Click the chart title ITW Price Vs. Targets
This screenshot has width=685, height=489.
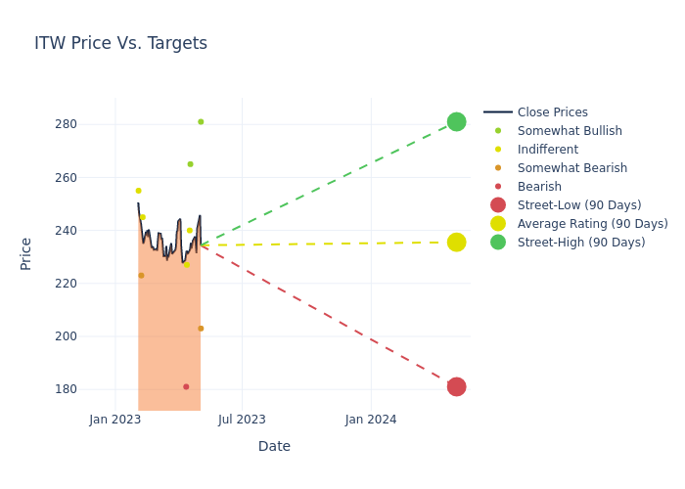click(120, 43)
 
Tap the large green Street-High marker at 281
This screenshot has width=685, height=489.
click(456, 121)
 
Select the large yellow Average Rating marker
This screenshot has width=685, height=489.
click(456, 242)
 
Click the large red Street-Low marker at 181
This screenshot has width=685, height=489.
click(456, 386)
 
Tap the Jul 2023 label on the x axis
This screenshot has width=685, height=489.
click(242, 420)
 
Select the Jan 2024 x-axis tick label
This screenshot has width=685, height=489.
click(371, 420)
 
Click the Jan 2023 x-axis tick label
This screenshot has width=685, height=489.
click(115, 420)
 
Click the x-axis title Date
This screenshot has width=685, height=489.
click(274, 446)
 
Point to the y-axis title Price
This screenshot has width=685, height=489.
click(26, 253)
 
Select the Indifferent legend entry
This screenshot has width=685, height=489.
click(547, 150)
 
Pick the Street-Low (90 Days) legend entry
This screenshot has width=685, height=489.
click(578, 205)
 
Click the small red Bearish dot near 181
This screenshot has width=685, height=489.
click(186, 387)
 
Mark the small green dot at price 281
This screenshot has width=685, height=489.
click(201, 122)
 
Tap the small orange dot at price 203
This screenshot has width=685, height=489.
click(201, 329)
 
